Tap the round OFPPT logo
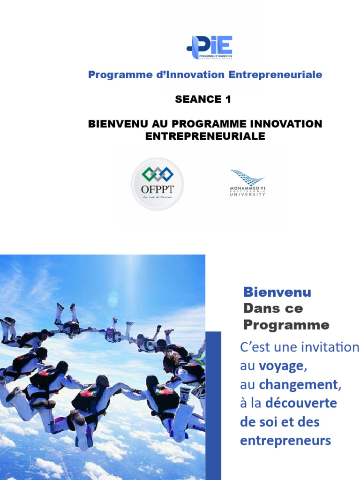(x=157, y=183)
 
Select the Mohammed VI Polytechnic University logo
(x=247, y=183)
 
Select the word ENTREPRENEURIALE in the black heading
(x=205, y=136)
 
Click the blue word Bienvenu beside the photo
(x=277, y=292)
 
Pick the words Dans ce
(x=273, y=308)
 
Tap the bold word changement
(x=299, y=385)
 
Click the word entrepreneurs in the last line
(x=285, y=440)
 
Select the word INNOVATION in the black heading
(x=287, y=124)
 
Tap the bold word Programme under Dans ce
(x=286, y=325)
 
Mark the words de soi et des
(x=279, y=422)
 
